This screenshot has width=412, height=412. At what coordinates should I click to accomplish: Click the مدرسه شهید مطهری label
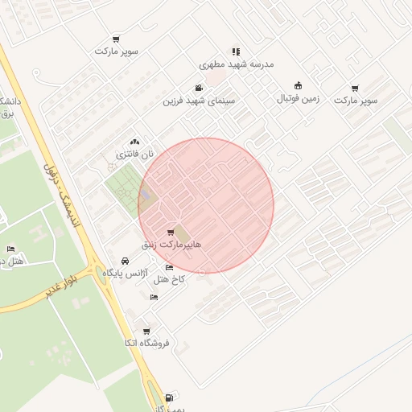[237, 64]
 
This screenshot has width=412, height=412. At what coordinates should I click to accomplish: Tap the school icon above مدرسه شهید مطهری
[236, 51]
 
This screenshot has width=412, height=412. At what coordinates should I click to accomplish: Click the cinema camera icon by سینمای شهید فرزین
[199, 89]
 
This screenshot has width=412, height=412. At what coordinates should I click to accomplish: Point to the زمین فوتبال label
[299, 98]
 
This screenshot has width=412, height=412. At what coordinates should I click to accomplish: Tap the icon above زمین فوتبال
[299, 86]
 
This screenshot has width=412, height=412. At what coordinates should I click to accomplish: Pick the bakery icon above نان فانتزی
[134, 142]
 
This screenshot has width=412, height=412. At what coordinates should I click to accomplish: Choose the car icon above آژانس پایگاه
[125, 262]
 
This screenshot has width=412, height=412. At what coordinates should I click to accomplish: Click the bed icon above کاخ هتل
[169, 268]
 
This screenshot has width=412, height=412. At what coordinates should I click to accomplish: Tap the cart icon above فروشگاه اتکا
[146, 331]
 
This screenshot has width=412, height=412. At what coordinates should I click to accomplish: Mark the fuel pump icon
[168, 398]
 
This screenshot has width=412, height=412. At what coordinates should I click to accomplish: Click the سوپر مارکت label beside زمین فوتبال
[356, 100]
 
